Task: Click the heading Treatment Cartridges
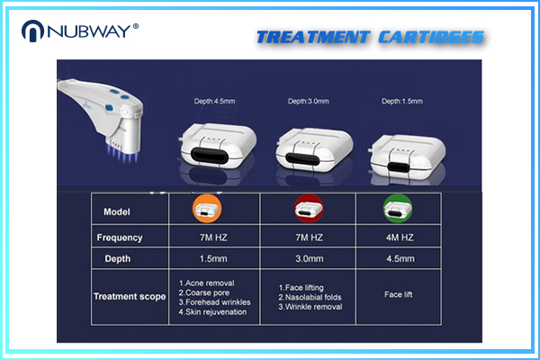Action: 370,38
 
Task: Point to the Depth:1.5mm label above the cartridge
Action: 404,101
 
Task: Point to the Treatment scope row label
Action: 130,296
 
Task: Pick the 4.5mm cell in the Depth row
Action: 399,258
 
